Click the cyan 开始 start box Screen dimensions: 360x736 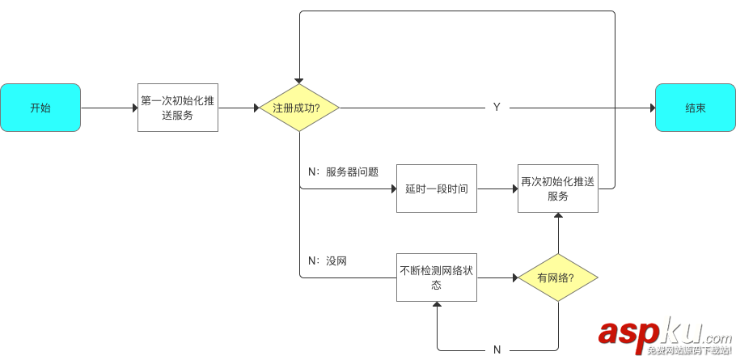tap(40, 108)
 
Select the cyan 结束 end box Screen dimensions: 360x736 tap(695, 108)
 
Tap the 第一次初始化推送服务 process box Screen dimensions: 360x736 tap(177, 108)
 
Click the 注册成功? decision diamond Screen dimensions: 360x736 tap(298, 108)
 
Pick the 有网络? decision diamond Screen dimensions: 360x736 tap(557, 277)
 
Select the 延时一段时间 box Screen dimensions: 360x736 tap(436, 188)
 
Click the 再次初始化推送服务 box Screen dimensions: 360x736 tap(557, 188)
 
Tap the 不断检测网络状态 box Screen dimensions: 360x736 tap(436, 277)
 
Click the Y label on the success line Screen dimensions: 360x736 tap(497, 108)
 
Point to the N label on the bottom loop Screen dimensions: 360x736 tap(497, 350)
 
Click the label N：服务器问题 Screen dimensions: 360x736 tap(343, 172)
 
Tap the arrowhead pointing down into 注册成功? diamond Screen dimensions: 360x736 tap(298, 80)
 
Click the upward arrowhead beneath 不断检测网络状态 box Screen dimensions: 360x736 tap(437, 306)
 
